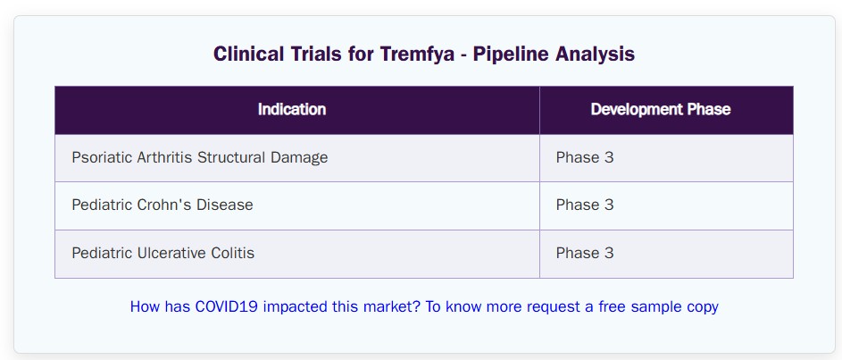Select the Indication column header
tap(292, 110)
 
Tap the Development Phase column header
tap(661, 110)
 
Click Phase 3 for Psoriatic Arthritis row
tap(585, 157)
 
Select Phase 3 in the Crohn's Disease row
tap(585, 205)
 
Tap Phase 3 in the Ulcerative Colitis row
tap(585, 253)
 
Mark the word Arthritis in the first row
tap(165, 157)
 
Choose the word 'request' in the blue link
tap(551, 307)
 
